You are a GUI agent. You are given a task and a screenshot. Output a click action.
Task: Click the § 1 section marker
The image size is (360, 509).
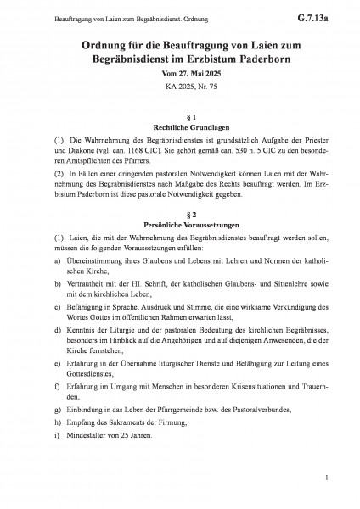179,115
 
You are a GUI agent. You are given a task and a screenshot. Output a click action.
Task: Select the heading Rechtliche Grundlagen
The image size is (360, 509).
179,126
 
